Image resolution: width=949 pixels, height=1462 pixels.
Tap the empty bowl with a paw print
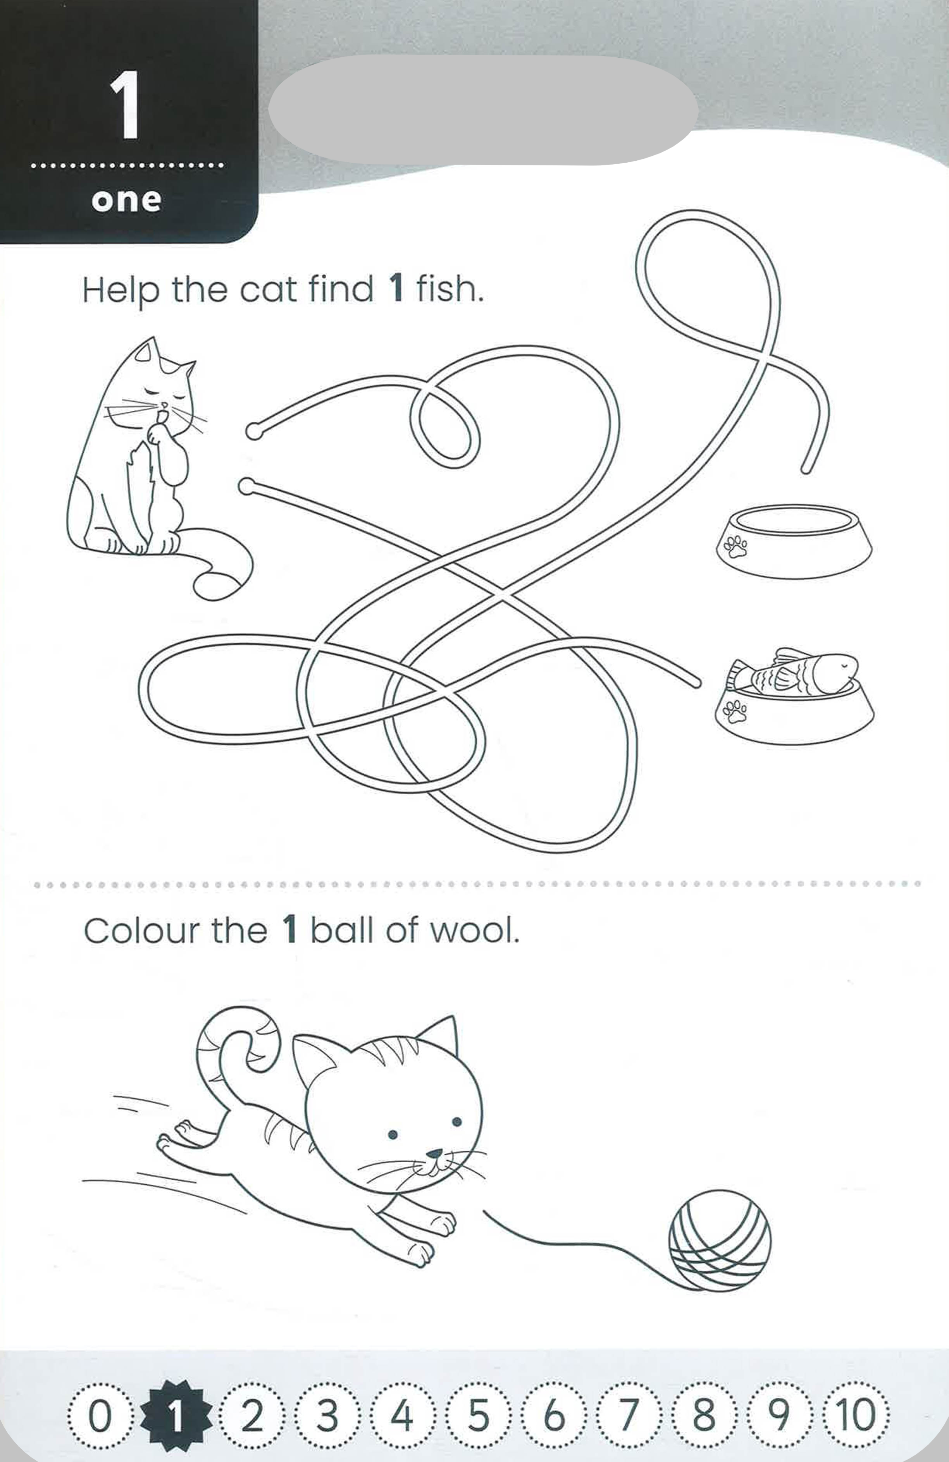point(794,541)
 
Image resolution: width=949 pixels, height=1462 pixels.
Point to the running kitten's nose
point(434,1153)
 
